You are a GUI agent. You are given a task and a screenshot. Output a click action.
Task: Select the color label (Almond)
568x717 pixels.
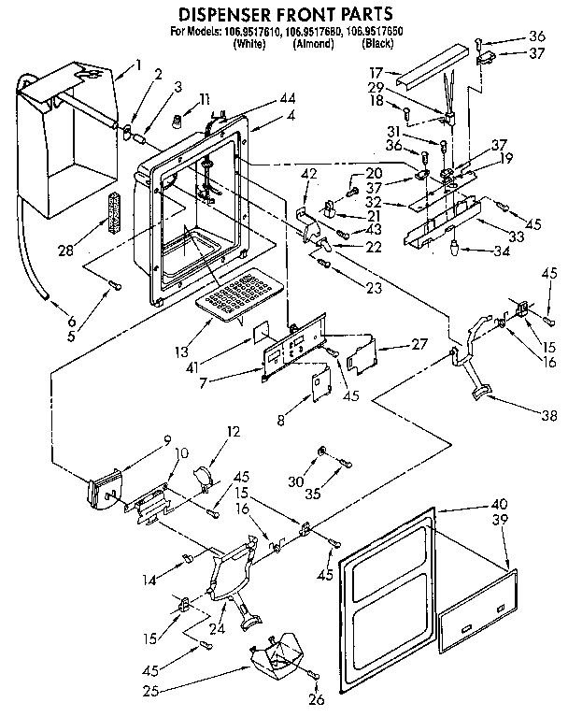[312, 44]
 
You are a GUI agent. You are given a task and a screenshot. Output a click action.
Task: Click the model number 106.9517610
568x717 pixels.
[251, 33]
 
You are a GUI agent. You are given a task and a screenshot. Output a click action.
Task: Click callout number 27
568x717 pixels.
[407, 344]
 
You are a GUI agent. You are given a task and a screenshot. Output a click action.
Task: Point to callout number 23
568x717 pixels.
[374, 288]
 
